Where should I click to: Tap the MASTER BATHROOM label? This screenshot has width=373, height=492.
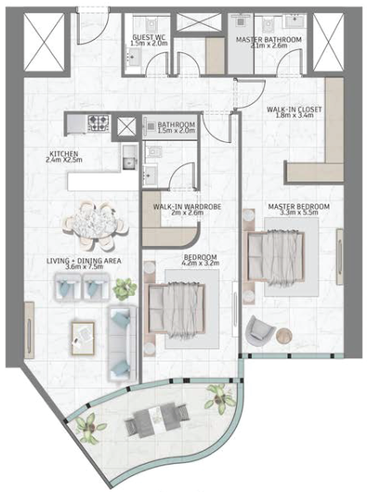tap(268, 40)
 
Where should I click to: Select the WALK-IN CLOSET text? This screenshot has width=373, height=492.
tap(294, 110)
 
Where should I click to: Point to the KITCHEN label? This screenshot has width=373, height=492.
tap(64, 154)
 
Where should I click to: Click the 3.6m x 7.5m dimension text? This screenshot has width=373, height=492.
tap(84, 267)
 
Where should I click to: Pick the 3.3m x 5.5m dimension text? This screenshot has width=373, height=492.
tap(299, 213)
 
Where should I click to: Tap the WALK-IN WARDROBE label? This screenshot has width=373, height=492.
tap(187, 207)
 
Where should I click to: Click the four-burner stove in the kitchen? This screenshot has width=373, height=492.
tap(99, 123)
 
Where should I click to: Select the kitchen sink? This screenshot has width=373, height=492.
tap(130, 157)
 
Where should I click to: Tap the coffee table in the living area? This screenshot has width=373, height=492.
tap(83, 338)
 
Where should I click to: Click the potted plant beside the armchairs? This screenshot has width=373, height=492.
tap(125, 289)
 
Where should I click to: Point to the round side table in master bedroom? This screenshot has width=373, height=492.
tap(284, 336)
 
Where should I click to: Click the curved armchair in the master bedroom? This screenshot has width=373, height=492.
tap(260, 331)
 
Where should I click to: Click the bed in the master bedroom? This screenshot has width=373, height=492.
tap(276, 258)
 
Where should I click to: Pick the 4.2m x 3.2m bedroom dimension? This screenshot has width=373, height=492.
tap(200, 263)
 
